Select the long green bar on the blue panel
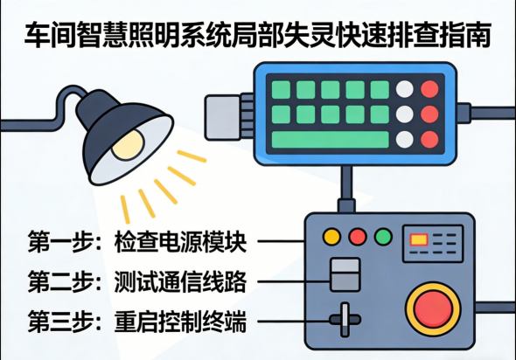pos(329,139)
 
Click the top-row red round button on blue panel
pos(429,89)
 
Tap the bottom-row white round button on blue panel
pos(404,139)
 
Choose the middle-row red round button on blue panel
pos(429,114)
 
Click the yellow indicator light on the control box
pos(332,237)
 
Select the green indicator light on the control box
pos(382,237)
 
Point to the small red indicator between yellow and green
pos(357,237)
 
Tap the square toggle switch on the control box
pos(343,273)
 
